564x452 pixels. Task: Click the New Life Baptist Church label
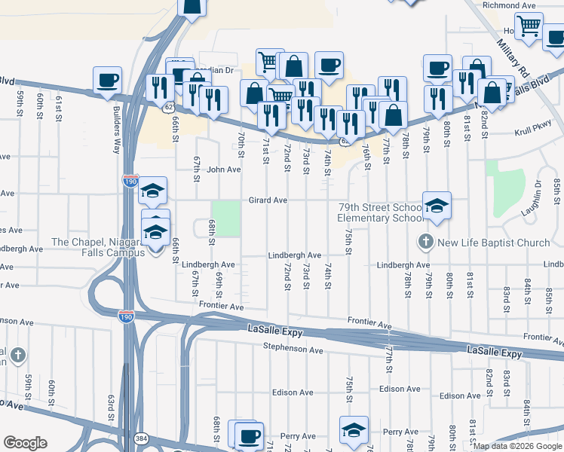click(x=494, y=243)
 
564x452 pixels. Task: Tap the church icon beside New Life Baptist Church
click(x=425, y=243)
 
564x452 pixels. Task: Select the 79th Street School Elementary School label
click(x=380, y=212)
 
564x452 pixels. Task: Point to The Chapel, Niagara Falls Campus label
click(x=98, y=247)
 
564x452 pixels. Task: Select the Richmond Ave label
click(x=509, y=5)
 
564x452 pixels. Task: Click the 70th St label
click(x=241, y=143)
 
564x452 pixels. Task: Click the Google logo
click(x=25, y=443)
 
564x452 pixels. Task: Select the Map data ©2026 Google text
click(x=517, y=446)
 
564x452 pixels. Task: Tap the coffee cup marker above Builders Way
click(x=108, y=80)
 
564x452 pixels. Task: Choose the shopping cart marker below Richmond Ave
click(x=529, y=26)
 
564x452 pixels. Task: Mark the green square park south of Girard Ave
click(x=226, y=218)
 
